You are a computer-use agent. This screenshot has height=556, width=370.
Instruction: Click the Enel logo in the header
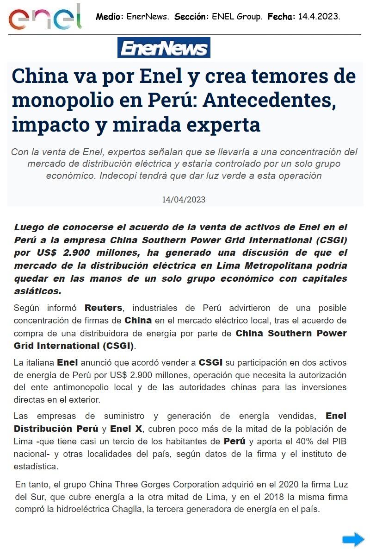point(45,17)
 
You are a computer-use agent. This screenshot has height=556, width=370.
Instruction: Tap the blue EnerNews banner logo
point(164,48)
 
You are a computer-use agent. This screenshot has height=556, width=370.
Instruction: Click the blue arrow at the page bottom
point(353,539)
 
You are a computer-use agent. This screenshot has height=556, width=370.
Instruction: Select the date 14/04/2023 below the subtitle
point(184,200)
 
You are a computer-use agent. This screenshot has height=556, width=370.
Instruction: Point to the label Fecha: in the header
point(281,17)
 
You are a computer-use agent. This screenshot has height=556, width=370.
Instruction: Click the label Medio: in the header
point(110,17)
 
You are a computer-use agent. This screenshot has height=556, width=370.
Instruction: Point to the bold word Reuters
point(103,308)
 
